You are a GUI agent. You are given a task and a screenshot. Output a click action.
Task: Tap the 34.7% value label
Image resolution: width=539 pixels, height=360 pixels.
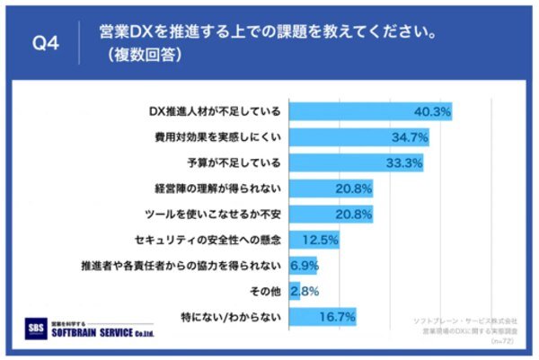tap(410, 138)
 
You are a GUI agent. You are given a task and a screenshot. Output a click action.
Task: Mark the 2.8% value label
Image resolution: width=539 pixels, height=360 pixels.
tap(300, 291)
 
